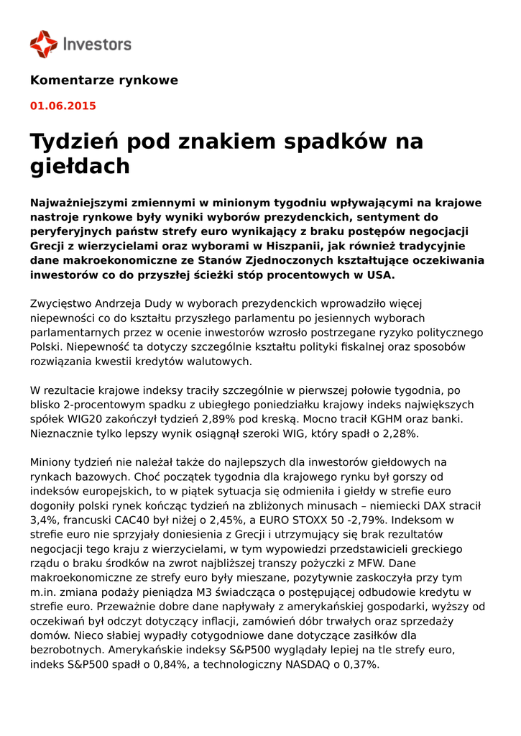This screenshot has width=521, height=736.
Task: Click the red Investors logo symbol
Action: pyautogui.click(x=43, y=44)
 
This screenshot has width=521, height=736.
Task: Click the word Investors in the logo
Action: pyautogui.click(x=98, y=45)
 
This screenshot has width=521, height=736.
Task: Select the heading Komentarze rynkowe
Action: pyautogui.click(x=103, y=80)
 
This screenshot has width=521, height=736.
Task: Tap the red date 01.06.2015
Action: pyautogui.click(x=63, y=106)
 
